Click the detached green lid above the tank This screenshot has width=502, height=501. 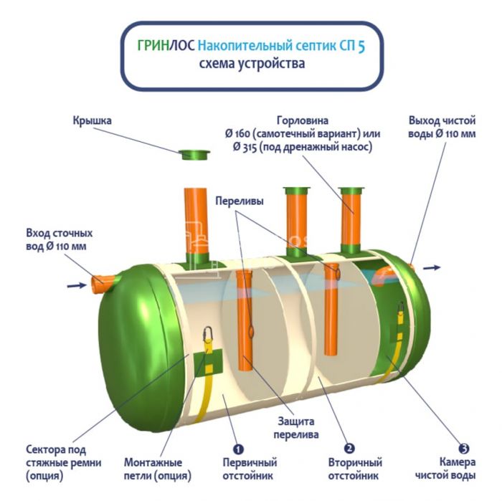pos(194,154)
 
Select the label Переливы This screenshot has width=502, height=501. pos(240,202)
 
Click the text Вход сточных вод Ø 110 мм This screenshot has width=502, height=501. pos(60,240)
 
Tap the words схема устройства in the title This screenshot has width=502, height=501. pos(252,64)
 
